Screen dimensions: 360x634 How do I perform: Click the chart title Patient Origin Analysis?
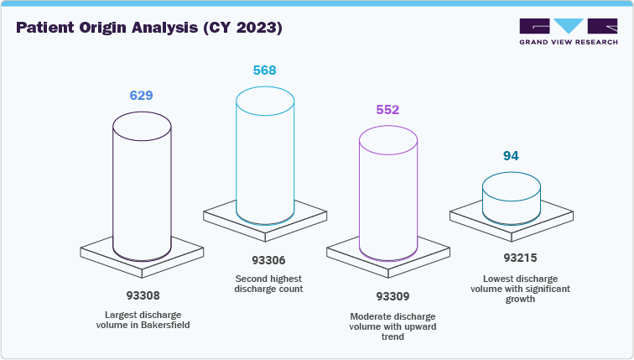click(x=149, y=28)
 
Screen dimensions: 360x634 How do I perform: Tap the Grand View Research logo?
click(x=568, y=31)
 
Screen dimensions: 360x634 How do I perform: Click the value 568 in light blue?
click(x=264, y=70)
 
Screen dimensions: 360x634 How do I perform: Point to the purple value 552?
click(x=387, y=110)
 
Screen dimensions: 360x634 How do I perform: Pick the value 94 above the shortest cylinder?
click(x=511, y=155)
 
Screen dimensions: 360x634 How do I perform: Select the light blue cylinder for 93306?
click(x=264, y=159)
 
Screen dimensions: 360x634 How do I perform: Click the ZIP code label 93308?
click(x=141, y=295)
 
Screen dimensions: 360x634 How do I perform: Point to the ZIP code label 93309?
click(x=387, y=296)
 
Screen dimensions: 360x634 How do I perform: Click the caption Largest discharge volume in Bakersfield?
click(x=141, y=320)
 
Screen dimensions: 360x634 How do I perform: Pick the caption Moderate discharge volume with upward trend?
click(x=387, y=326)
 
